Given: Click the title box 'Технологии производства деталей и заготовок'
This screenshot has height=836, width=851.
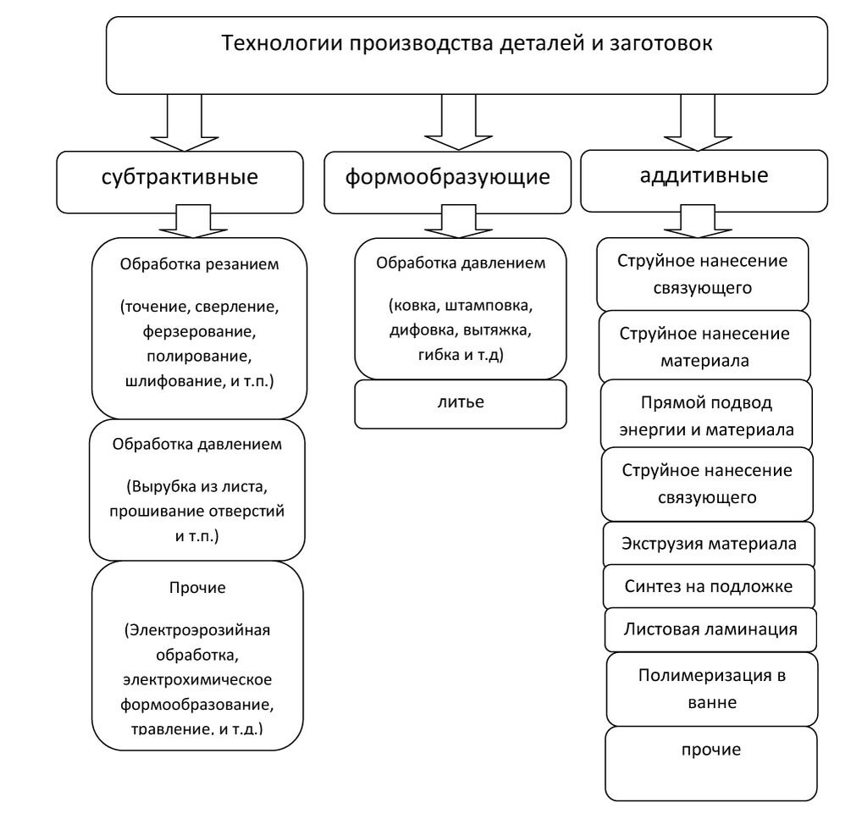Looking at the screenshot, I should point(467,54).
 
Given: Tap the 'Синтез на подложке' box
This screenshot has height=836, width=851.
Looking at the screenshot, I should point(708,585).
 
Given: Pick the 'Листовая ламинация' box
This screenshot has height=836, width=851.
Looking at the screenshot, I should point(708,629).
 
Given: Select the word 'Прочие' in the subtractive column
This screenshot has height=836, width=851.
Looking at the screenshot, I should point(196,585).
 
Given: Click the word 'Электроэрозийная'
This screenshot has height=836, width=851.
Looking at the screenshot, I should point(196,632).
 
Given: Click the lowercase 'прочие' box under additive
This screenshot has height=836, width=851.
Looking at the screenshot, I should point(711,750).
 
